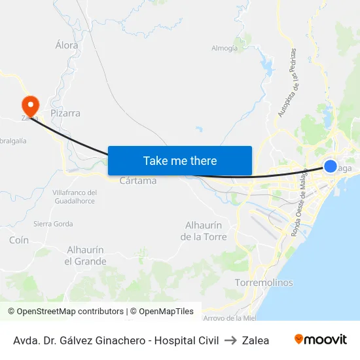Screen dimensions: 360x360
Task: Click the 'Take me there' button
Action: [x=180, y=160]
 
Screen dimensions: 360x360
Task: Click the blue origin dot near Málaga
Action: [x=331, y=166]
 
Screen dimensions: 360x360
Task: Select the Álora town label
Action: [x=67, y=45]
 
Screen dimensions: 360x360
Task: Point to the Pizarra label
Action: [x=65, y=113]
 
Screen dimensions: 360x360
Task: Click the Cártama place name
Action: [x=138, y=180]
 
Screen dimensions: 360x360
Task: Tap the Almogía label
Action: [x=225, y=48]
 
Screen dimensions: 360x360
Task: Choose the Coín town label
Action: [x=19, y=240]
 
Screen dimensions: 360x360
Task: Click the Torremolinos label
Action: [x=264, y=283]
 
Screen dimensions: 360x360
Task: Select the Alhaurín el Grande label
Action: [x=85, y=255]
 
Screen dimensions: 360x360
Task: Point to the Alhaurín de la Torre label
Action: [x=204, y=230]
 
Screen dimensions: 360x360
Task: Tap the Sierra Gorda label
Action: [x=53, y=224]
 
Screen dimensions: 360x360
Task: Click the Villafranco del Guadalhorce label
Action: [x=74, y=196]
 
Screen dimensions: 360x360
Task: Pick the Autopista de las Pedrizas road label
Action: [x=287, y=82]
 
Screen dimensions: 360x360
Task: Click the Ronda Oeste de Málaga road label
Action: [x=299, y=208]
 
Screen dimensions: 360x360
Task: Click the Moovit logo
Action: [x=320, y=340]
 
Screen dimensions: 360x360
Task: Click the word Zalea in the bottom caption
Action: [x=255, y=340]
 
